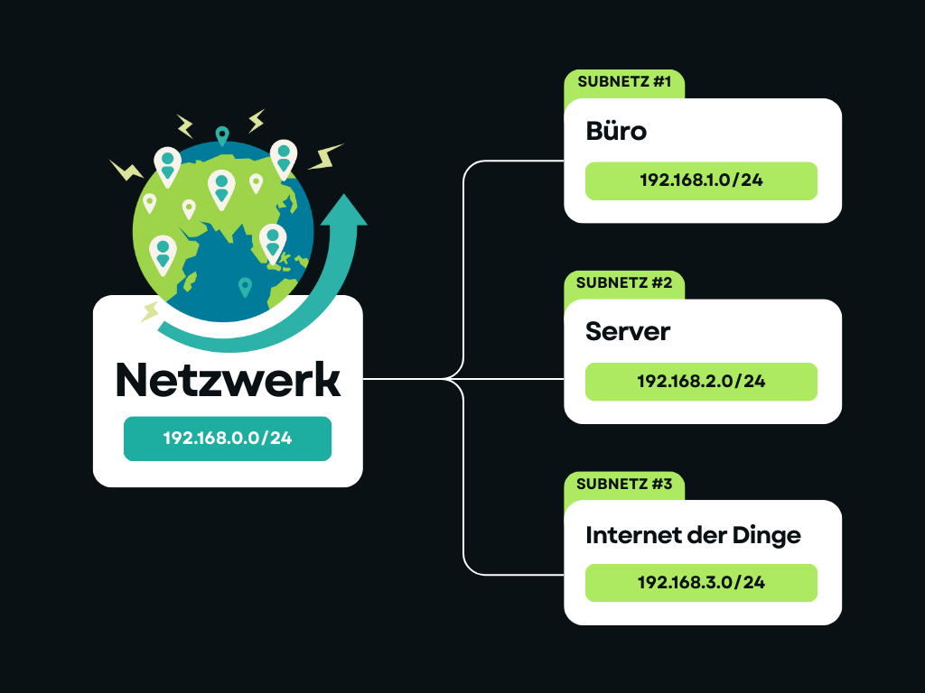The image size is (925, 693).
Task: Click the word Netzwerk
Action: click(x=228, y=381)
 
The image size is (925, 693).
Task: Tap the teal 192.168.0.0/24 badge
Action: click(x=228, y=439)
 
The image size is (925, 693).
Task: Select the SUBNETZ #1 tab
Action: click(x=623, y=83)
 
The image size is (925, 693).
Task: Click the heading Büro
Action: click(x=616, y=131)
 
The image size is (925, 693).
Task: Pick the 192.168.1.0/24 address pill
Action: click(x=701, y=180)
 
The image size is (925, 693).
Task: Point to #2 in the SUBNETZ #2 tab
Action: click(x=660, y=283)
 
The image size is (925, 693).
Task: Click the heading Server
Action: click(x=628, y=331)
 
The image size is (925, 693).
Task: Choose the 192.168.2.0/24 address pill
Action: click(x=701, y=382)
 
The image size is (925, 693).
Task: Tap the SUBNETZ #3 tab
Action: click(x=623, y=485)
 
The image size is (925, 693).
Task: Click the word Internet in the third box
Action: click(x=630, y=535)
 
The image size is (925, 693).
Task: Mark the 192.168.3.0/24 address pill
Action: click(x=701, y=582)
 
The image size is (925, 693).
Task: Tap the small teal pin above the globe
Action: click(x=222, y=136)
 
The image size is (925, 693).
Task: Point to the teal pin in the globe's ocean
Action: click(x=245, y=287)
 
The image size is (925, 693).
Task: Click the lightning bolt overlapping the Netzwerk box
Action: click(x=149, y=311)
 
